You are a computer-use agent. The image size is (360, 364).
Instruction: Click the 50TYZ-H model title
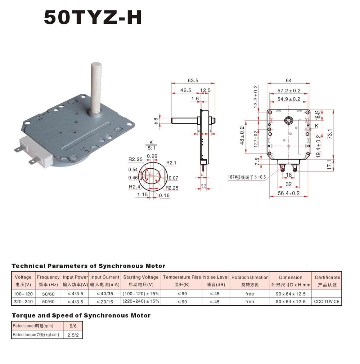coord(93,17)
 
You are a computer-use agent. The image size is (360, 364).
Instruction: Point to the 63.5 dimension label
coord(193,80)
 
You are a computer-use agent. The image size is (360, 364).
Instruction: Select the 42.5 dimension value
coord(185,90)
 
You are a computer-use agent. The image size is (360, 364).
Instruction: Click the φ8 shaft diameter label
coord(156,121)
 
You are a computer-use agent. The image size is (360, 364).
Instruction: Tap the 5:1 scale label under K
coord(152,148)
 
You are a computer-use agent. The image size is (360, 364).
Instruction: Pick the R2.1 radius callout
coord(171,163)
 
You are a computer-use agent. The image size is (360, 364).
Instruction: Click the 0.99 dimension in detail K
coord(152,156)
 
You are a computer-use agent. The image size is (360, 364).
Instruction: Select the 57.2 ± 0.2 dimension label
coord(289,90)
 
